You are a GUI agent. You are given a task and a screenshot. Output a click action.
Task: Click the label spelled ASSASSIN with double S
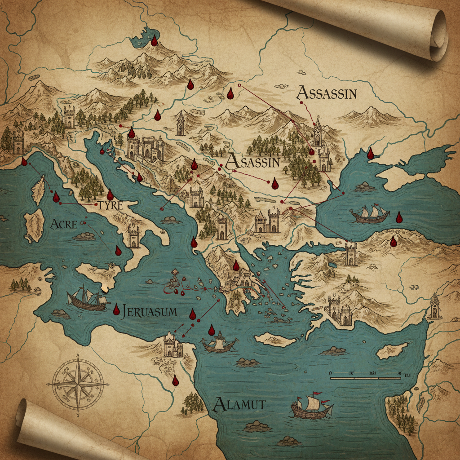327,93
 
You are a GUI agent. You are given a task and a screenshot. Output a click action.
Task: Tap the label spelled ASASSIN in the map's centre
253,162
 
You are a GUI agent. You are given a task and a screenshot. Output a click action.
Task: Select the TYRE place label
110,206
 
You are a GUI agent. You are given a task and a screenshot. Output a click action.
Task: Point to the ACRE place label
64,224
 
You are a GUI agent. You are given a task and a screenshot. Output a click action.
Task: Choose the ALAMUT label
239,405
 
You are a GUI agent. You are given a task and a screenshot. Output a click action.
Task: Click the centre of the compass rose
78,383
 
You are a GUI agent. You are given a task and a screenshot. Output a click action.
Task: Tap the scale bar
365,378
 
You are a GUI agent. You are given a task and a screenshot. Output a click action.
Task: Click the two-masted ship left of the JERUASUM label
88,298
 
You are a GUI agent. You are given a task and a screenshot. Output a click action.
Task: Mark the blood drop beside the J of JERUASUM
116,310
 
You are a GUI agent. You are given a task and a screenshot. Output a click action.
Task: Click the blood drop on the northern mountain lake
154,41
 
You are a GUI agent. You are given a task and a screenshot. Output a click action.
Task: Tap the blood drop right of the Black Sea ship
399,218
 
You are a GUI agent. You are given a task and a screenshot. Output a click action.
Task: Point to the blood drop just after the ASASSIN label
275,183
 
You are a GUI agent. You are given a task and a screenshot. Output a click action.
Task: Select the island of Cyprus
391,350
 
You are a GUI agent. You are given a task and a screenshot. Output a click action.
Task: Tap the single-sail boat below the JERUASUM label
219,344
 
